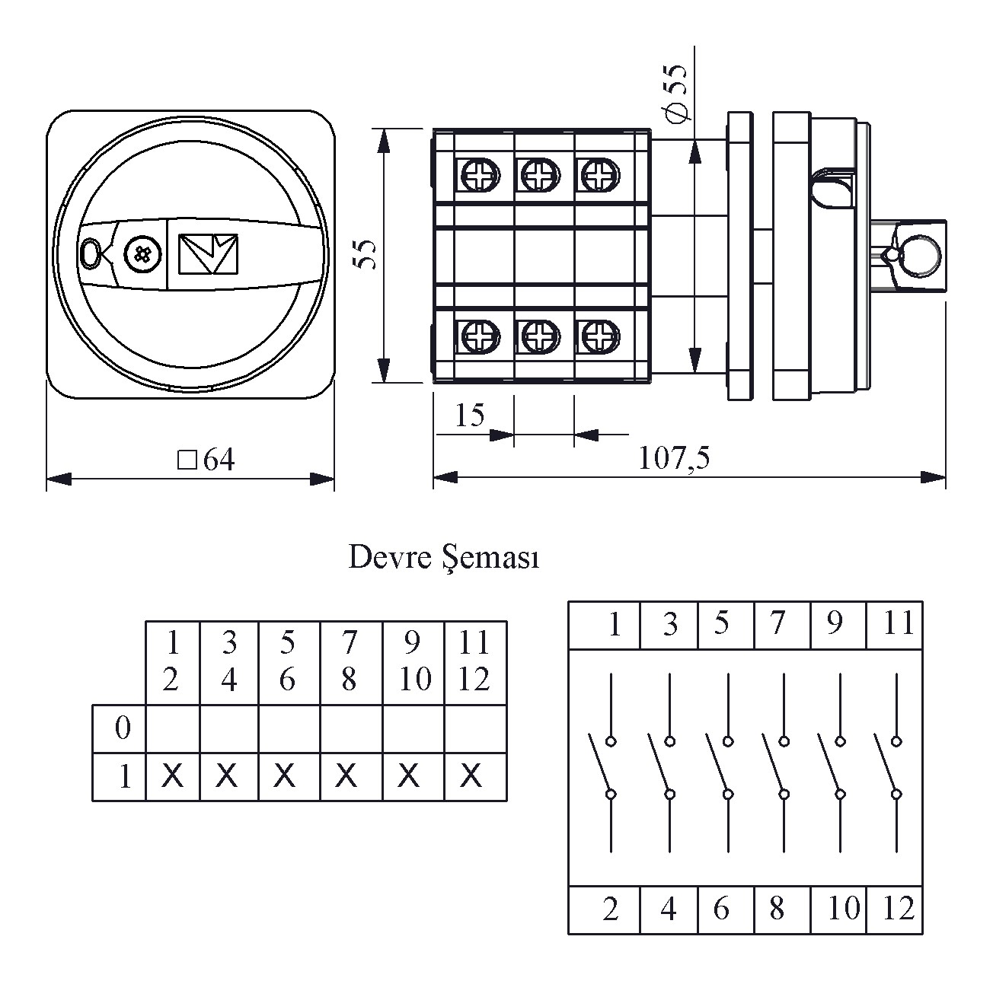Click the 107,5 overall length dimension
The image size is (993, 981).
coord(673,458)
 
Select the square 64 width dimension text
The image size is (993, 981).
coord(206,460)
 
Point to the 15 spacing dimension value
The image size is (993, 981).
coord(469,416)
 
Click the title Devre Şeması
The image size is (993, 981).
coord(443,558)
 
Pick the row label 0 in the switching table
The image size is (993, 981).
coord(122,728)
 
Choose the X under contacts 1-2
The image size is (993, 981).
coord(173,776)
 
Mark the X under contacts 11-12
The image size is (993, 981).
coord(472,776)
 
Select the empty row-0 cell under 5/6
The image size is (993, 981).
coord(289,728)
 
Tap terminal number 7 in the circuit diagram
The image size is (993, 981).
coord(777,624)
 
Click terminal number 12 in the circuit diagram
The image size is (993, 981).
coord(898,909)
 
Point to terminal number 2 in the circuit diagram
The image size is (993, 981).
coord(610,909)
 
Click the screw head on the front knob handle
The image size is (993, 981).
coord(142,254)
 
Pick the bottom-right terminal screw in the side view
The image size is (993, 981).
coord(599,336)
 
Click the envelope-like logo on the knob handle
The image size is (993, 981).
coord(208,253)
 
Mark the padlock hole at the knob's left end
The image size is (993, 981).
coord(90,253)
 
